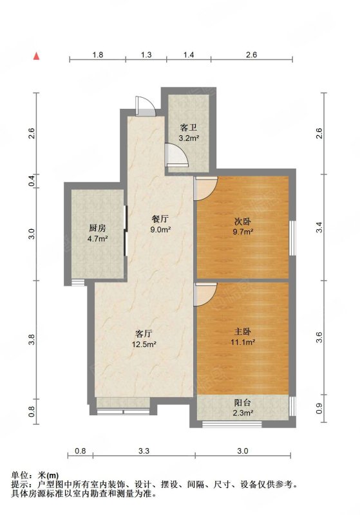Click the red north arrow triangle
37,56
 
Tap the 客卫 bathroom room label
189,127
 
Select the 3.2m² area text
189,138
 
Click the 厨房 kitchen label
97,229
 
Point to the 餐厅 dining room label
160,219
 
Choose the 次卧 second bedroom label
243,221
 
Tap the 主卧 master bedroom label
243,332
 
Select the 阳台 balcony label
243,403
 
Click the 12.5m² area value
144,344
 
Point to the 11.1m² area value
243,342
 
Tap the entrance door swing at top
144,105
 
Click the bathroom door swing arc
177,154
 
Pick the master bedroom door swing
205,294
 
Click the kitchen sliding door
125,230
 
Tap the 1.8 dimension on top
97,55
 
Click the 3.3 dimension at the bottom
144,451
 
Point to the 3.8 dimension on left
32,340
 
